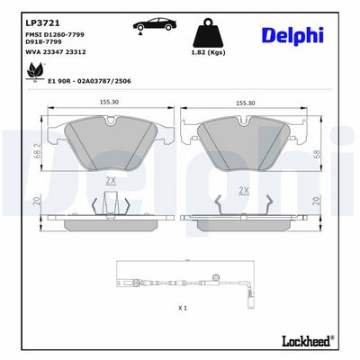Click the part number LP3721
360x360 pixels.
coord(42,23)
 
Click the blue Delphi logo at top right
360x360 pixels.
coord(292,36)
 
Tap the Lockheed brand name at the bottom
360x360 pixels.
coord(308,341)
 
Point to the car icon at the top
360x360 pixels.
coord(155,24)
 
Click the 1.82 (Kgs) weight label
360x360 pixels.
coord(209,52)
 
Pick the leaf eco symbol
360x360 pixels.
coord(35,72)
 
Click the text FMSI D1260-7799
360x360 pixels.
coord(55,34)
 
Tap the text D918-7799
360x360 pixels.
coord(43,41)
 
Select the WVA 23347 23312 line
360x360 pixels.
coord(56,52)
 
